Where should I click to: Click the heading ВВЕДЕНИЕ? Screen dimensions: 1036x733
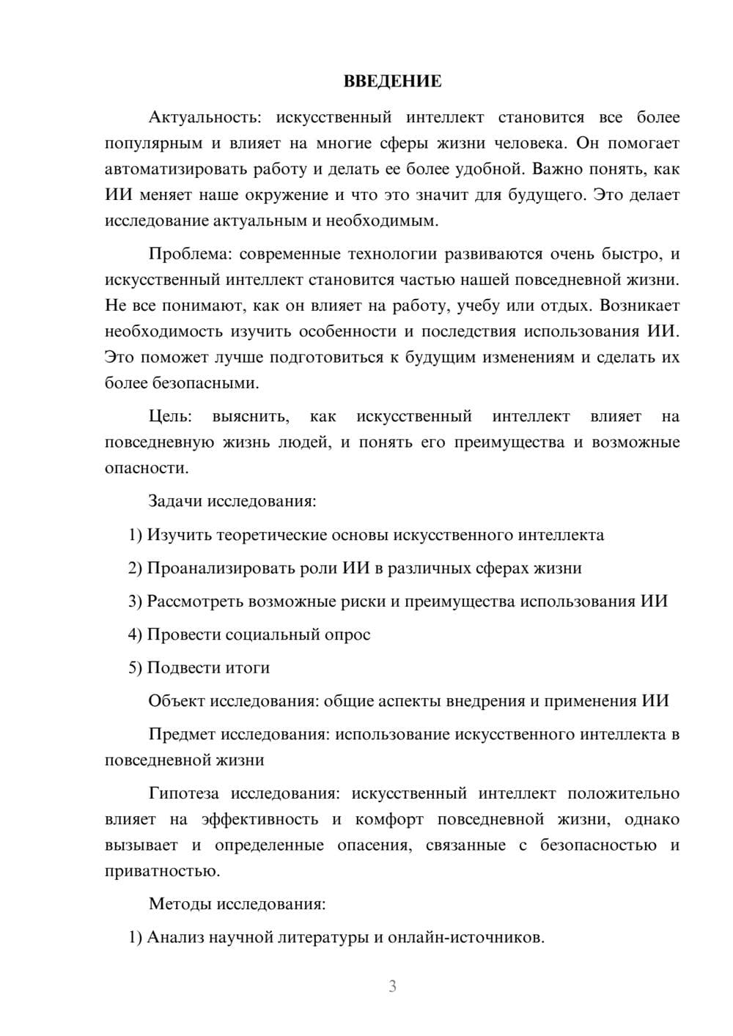click(392, 81)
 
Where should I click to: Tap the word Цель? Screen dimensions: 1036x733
click(170, 416)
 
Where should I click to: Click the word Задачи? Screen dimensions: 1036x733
click(176, 502)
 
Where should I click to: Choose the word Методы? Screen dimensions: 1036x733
click(180, 904)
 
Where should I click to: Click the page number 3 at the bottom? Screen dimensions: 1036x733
click(392, 986)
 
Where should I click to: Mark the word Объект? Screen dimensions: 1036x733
click(177, 701)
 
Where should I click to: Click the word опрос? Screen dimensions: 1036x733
click(347, 634)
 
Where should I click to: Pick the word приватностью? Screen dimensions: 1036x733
click(161, 871)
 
